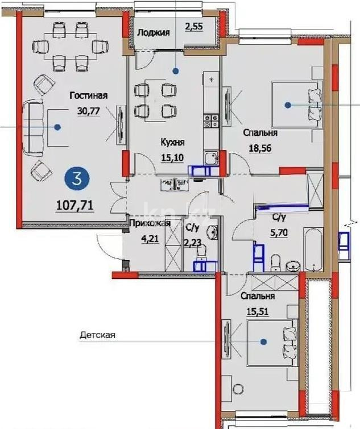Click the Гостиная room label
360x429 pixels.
pyautogui.click(x=89, y=96)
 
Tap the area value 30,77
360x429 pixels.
pyautogui.click(x=89, y=111)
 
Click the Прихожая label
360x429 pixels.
pyautogui.click(x=143, y=223)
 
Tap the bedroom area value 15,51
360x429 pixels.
pyautogui.click(x=257, y=311)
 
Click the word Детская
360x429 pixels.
pyautogui.click(x=97, y=335)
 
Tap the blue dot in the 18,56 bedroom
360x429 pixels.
pyautogui.click(x=288, y=105)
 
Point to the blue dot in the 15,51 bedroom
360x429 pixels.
pyautogui.click(x=264, y=341)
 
